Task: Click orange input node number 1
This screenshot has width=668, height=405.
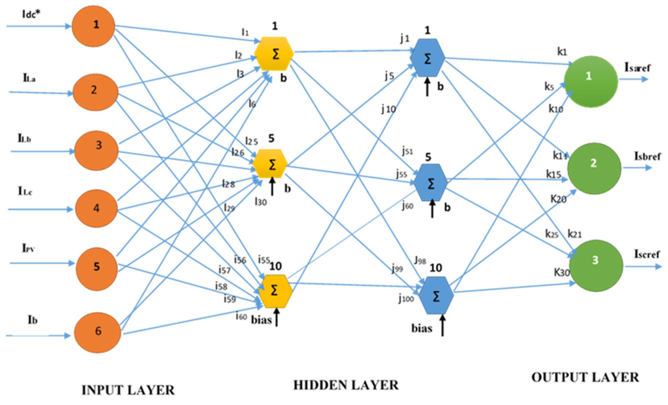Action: (93, 26)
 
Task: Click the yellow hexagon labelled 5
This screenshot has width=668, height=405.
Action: (270, 164)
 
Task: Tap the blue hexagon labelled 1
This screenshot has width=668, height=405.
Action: (427, 58)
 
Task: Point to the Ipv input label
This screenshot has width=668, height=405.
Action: (28, 248)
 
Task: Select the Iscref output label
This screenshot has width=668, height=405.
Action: (647, 254)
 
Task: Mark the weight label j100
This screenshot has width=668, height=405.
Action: (406, 298)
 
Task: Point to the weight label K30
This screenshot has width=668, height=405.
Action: (562, 272)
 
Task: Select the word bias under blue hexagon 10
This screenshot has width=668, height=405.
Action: (422, 328)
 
